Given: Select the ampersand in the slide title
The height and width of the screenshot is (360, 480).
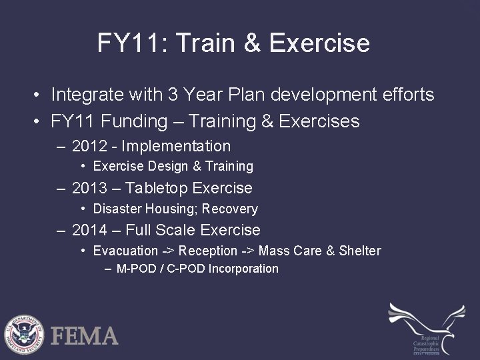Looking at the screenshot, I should (x=253, y=43).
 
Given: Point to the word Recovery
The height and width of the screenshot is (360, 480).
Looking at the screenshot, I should (x=231, y=209).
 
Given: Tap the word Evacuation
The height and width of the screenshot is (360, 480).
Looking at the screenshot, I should (x=125, y=251).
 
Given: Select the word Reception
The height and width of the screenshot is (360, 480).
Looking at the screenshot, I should (x=209, y=251).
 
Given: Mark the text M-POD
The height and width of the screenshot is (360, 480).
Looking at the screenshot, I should (x=135, y=269).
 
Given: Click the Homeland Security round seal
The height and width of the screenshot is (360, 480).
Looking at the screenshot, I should (x=24, y=333).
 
